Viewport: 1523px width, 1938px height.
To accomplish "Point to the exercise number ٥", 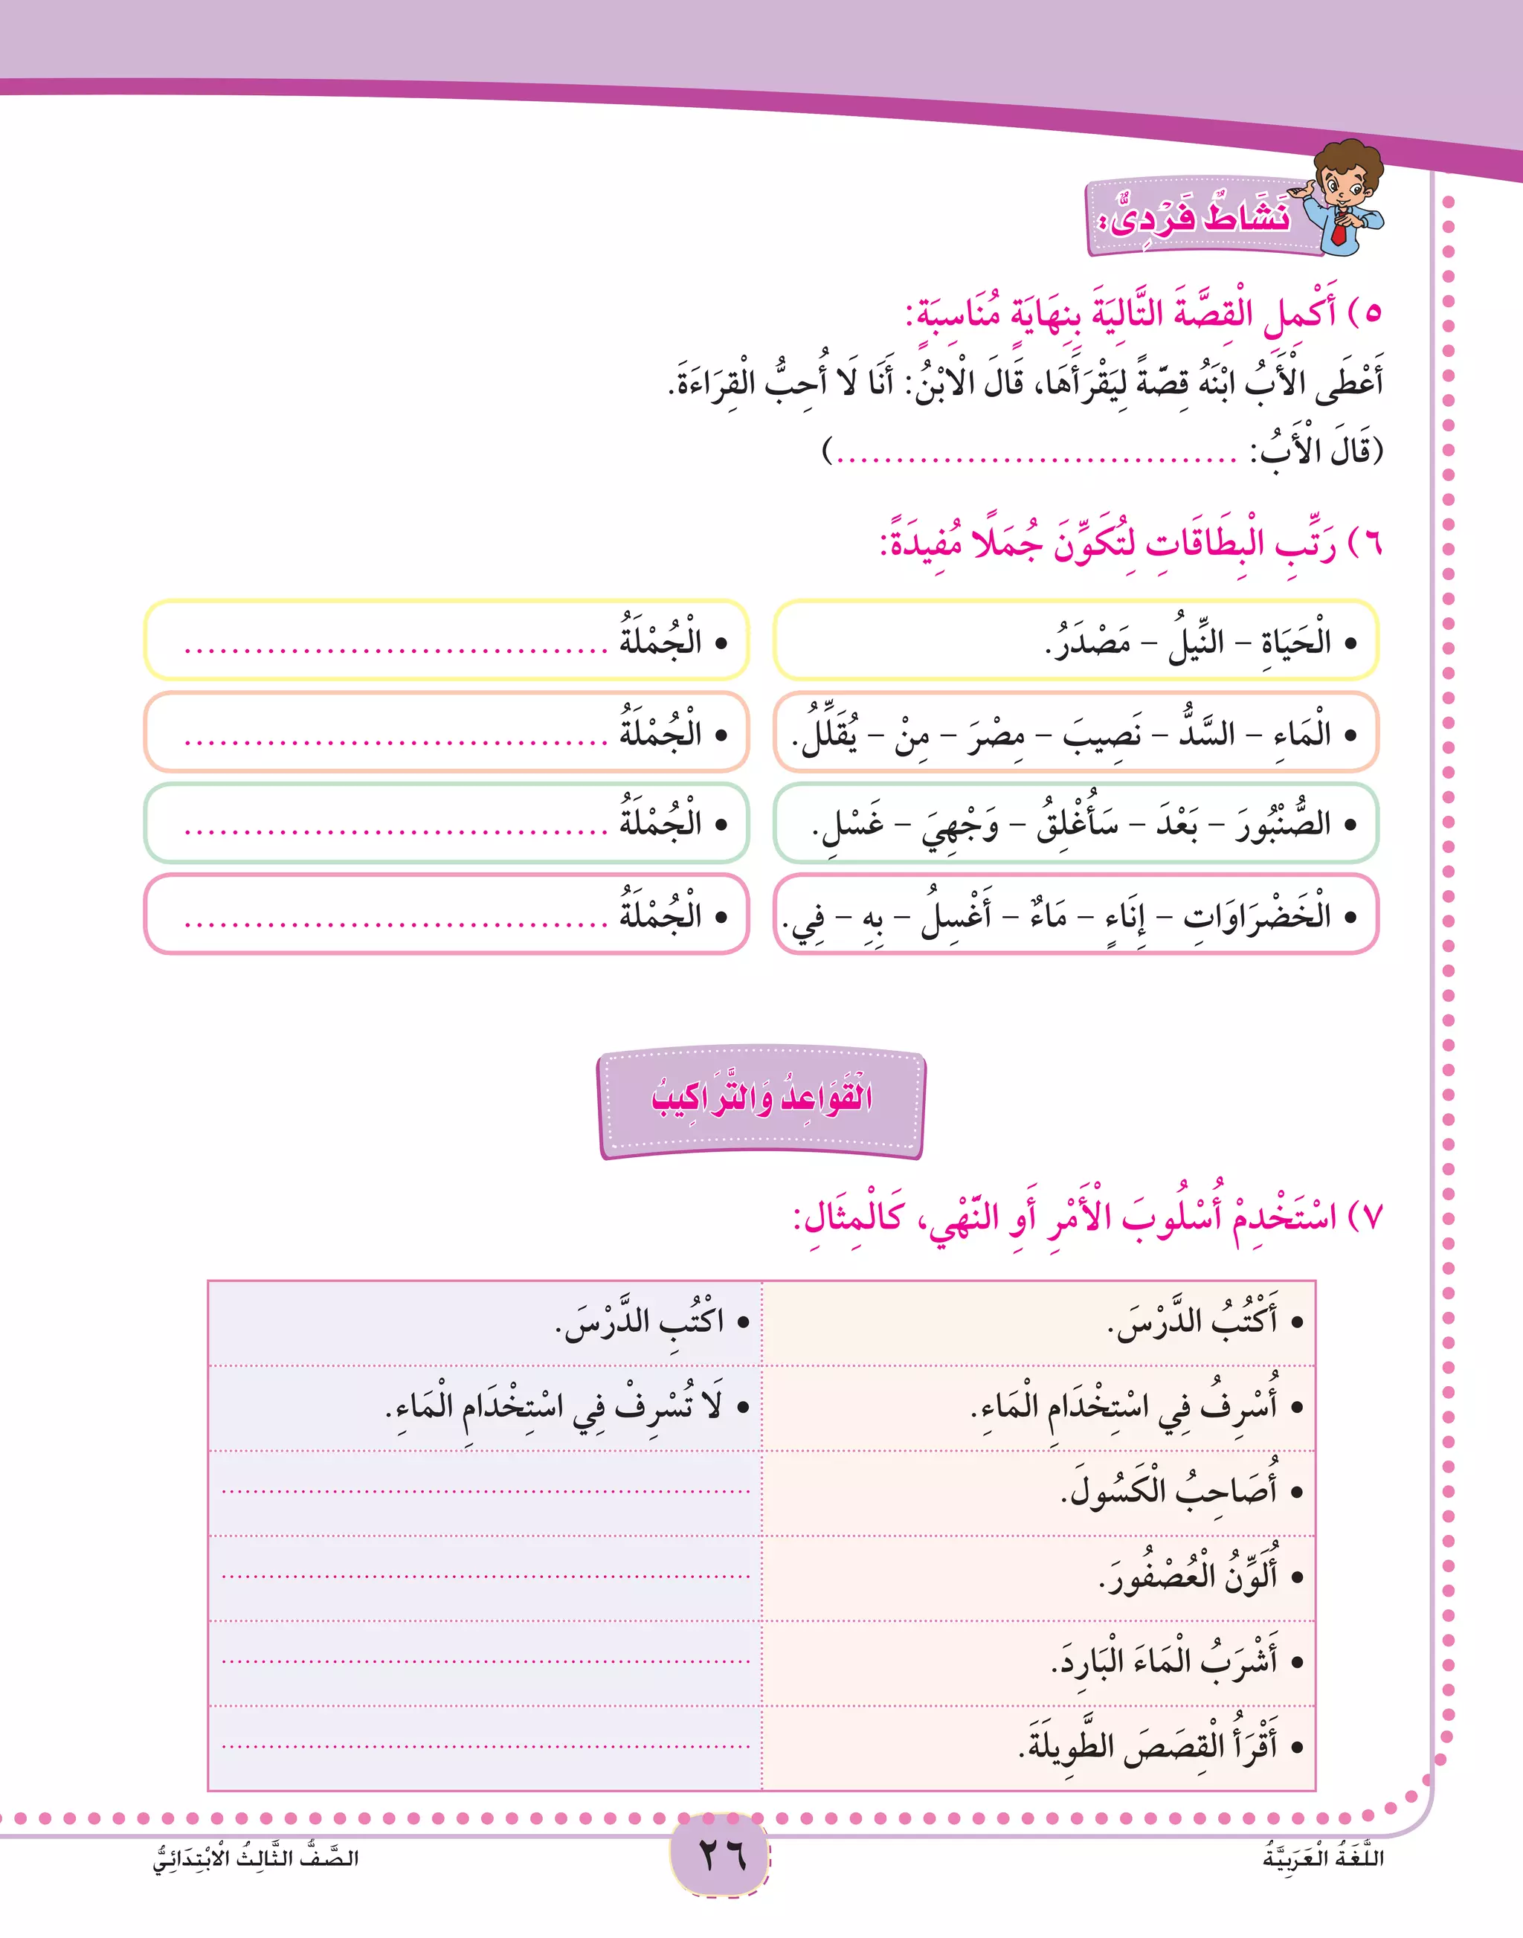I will click(x=1370, y=313).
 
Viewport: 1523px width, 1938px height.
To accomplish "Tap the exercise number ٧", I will click(x=1370, y=1217).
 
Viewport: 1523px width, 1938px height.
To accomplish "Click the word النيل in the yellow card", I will click(x=1197, y=641).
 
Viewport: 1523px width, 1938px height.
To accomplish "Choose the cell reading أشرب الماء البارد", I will click(x=1165, y=1661).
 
